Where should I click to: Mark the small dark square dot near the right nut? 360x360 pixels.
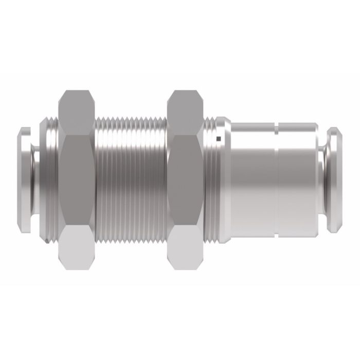pyautogui.click(x=219, y=138)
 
